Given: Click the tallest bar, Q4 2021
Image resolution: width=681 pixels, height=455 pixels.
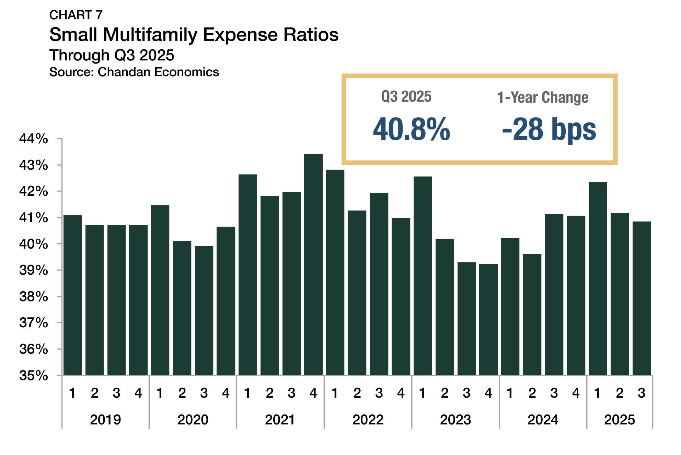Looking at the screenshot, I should pos(313,264).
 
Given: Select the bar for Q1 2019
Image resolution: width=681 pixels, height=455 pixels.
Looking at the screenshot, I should pos(72,295).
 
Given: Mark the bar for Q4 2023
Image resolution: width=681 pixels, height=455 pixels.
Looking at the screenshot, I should pos(488,319).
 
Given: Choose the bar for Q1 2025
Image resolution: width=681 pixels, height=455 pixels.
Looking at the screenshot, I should pos(598,278).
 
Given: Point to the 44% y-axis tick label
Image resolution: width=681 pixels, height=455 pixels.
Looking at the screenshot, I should pos(34,139).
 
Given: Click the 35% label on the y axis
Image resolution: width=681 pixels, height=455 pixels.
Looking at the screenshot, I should pos(34,375).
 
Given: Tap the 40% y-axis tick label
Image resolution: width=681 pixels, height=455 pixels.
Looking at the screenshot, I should pos(34,244).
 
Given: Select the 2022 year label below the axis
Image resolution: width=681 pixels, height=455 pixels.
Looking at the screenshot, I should pos(368,420).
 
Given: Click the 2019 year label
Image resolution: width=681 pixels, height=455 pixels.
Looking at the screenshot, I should pos(105,420).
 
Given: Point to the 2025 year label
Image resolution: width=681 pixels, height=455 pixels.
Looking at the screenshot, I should pos(620,420).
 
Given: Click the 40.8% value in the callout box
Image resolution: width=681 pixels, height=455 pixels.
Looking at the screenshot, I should pos(411,129).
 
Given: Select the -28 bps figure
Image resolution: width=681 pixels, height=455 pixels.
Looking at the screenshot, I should pos(549,129).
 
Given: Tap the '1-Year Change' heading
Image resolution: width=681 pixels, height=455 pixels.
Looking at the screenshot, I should pos(543,98).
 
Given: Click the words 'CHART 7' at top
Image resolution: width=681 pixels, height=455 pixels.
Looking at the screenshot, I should pos(76,15).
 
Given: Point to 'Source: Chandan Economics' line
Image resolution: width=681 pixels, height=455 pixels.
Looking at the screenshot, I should pos(134,72).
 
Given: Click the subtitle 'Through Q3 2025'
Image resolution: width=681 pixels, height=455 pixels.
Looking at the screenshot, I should pos(112,55).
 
